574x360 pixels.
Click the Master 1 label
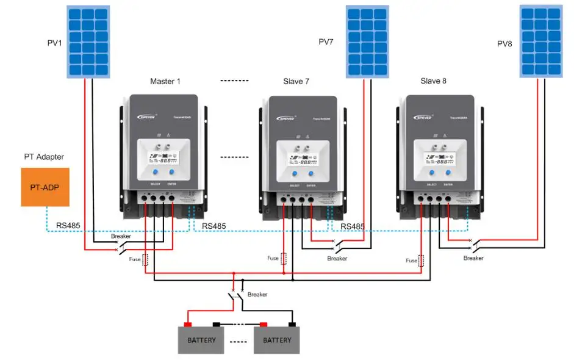[x=165, y=81]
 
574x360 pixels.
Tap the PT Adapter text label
[x=44, y=157]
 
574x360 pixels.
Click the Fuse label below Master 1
[x=135, y=259]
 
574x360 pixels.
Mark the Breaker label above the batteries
[x=257, y=294]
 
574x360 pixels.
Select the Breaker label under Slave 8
[x=473, y=258]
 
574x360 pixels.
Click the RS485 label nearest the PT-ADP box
[x=68, y=225]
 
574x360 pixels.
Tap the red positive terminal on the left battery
[x=188, y=325]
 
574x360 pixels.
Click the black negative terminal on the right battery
[x=292, y=325]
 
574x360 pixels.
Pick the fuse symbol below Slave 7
[x=284, y=258]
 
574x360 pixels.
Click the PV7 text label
[x=327, y=42]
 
